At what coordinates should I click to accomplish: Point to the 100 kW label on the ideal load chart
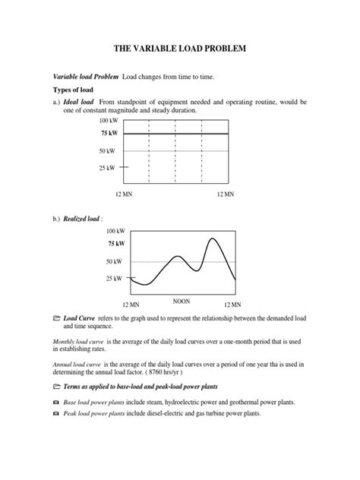point(109,121)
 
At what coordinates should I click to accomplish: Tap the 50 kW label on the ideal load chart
point(110,151)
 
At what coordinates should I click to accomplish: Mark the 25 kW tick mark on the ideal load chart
point(125,166)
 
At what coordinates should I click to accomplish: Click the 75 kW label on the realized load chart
point(115,244)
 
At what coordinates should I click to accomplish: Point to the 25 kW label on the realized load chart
point(115,279)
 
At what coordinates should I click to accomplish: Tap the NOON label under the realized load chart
point(182,300)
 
